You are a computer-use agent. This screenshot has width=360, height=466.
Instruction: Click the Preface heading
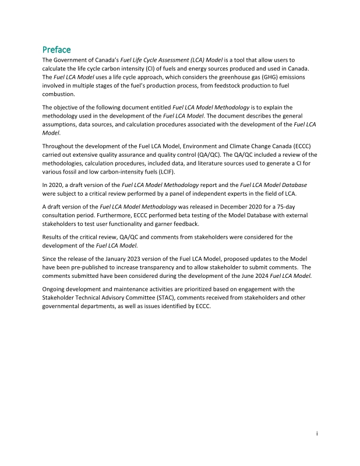(x=57, y=50)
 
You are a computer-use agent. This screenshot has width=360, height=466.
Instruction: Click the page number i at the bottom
(x=316, y=433)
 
